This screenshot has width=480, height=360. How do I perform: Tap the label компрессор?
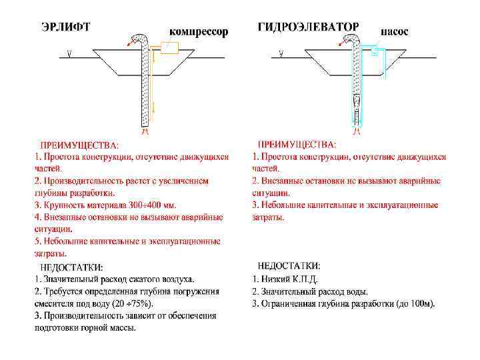coord(198,31)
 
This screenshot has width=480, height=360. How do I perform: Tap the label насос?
coord(395,31)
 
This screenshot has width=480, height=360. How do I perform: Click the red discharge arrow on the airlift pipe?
coord(129,44)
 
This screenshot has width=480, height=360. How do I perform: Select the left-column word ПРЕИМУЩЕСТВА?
coord(80,145)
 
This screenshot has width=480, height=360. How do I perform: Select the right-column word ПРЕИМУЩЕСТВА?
coord(297,144)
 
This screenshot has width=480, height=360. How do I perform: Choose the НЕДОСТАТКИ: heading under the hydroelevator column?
coord(289,266)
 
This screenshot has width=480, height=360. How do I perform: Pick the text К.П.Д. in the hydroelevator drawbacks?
coord(304,279)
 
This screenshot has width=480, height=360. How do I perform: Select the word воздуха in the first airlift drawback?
coord(177,279)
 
